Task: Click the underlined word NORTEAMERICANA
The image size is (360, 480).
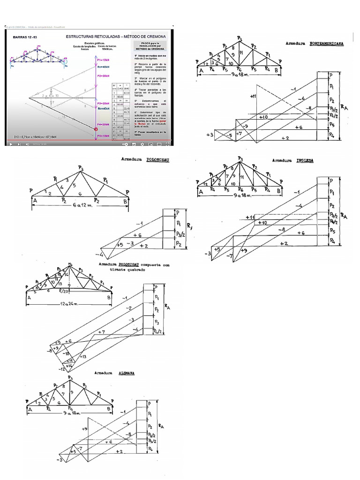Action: pyautogui.click(x=326, y=43)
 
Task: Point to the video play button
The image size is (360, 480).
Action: pyautogui.click(x=11, y=144)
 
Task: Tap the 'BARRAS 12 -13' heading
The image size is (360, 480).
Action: pyautogui.click(x=24, y=36)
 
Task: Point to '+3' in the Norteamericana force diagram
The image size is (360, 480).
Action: pyautogui.click(x=210, y=135)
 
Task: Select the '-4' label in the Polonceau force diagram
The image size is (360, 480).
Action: pyautogui.click(x=99, y=255)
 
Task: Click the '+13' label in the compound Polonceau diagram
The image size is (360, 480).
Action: pyautogui.click(x=83, y=357)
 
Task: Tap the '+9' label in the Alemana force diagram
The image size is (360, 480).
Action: pyautogui.click(x=85, y=428)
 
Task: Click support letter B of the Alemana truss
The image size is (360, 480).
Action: pyautogui.click(x=111, y=408)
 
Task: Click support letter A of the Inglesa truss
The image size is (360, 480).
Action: pyautogui.click(x=201, y=192)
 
